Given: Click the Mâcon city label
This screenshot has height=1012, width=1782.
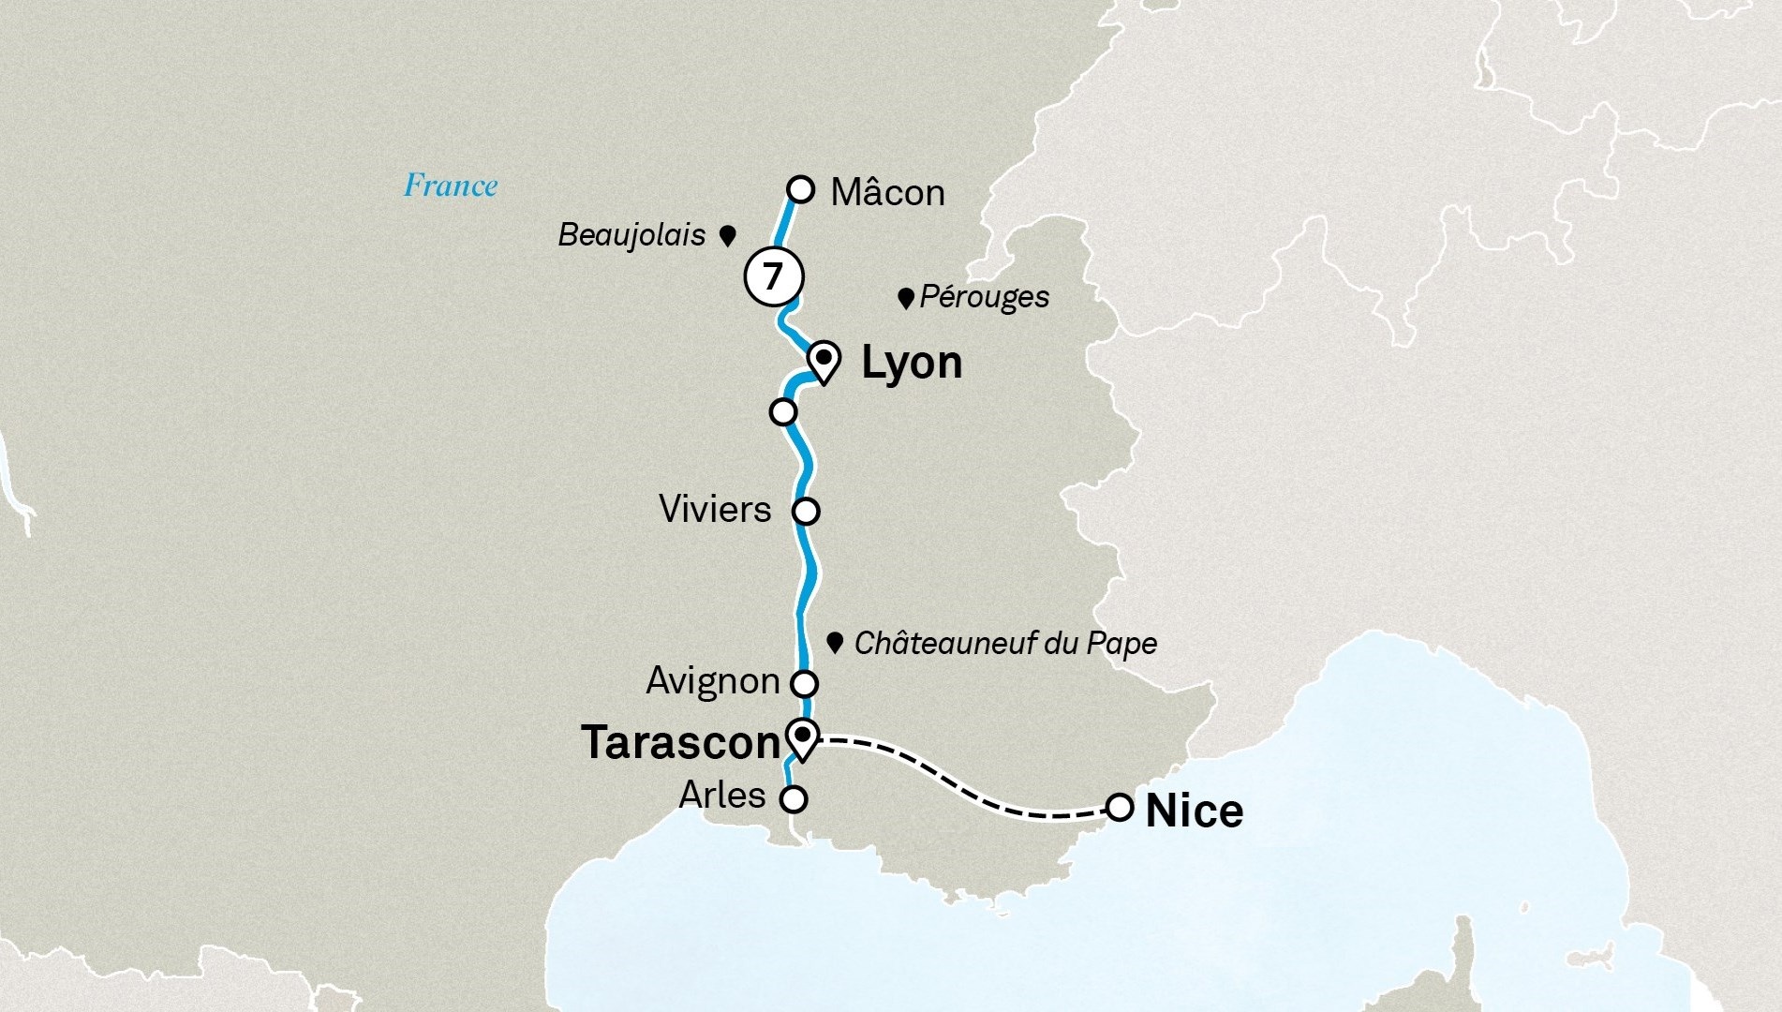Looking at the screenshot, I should tap(887, 192).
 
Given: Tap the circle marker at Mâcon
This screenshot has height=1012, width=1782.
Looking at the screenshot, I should tap(801, 189).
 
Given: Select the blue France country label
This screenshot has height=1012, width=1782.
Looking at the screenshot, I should tap(451, 186).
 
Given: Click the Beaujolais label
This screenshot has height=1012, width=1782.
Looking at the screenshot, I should tap(631, 234).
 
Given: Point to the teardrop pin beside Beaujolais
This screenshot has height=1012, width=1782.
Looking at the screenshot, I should tap(727, 235).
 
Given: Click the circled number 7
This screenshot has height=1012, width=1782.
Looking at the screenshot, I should tap(773, 277).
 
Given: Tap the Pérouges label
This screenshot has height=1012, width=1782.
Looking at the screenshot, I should tap(984, 297).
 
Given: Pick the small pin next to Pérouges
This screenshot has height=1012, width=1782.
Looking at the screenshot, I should tap(905, 299).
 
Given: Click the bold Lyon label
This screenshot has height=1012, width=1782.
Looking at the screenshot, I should tap(911, 363).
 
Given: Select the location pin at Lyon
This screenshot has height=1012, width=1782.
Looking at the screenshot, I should tap(823, 361).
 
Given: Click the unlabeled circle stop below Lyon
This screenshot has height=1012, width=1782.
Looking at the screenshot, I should tap(783, 411).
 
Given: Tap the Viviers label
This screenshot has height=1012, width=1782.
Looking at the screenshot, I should tap(715, 510).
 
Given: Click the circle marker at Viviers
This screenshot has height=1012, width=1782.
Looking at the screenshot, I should tap(806, 512).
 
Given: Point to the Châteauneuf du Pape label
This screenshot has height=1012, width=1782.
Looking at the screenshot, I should tap(1005, 644).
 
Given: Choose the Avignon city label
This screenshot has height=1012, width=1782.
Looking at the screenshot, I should tap(713, 681).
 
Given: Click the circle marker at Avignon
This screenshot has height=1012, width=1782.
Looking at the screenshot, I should tap(805, 682).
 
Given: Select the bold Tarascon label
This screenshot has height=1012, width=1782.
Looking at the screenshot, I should tap(681, 743).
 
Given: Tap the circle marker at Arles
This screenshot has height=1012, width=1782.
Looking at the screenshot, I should tap(794, 799).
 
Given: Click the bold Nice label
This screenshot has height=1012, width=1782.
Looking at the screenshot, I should tap(1195, 811).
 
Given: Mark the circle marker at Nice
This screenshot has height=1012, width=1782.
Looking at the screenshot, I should tap(1120, 807).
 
